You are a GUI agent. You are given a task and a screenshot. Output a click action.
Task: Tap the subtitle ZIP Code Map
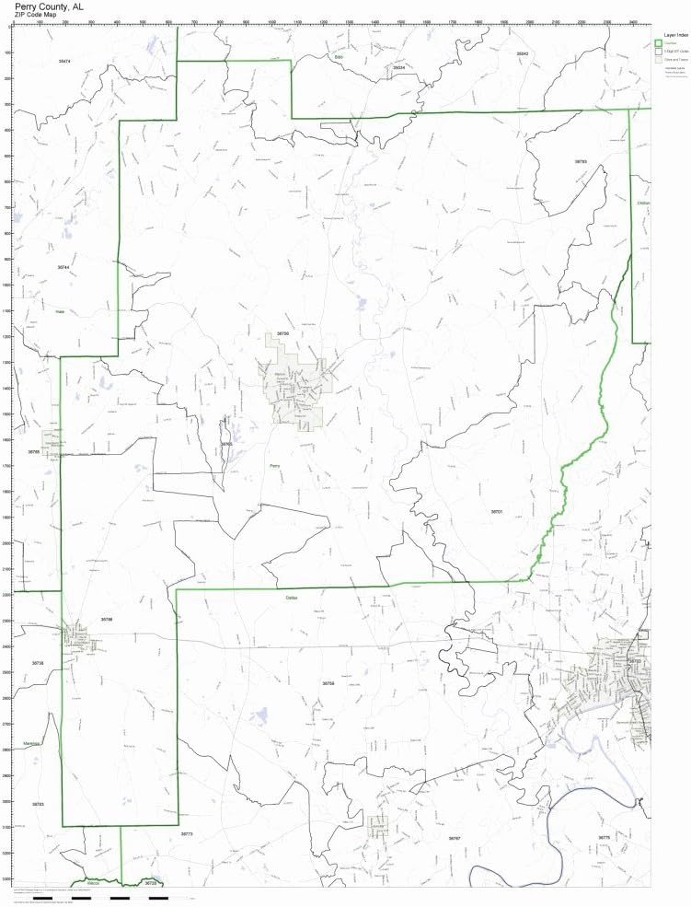click(40, 16)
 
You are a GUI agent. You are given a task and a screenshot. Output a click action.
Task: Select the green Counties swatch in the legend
click(658, 42)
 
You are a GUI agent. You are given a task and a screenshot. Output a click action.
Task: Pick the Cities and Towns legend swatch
click(658, 59)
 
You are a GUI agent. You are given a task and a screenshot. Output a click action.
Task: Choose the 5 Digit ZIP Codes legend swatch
click(658, 51)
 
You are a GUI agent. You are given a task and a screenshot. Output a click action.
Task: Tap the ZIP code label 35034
click(398, 68)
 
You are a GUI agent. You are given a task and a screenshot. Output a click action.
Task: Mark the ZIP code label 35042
click(522, 54)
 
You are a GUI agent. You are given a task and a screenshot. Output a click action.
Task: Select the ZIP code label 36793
click(581, 161)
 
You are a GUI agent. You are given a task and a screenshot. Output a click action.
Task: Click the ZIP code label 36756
click(282, 334)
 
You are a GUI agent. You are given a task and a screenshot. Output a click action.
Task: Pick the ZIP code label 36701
click(496, 511)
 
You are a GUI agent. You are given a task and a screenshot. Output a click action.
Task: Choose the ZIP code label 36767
click(454, 838)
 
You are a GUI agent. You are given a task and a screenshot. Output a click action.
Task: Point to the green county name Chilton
click(642, 203)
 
